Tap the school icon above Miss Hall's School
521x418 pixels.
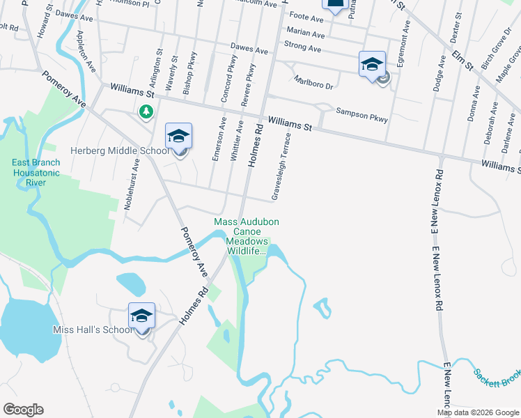click(x=141, y=317)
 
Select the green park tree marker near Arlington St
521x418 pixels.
click(x=146, y=111)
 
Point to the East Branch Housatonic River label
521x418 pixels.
click(x=36, y=173)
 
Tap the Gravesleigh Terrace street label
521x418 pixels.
click(x=280, y=164)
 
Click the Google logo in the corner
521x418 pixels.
click(x=23, y=410)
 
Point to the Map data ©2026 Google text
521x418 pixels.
click(x=477, y=412)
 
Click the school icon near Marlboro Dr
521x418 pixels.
click(x=372, y=65)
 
